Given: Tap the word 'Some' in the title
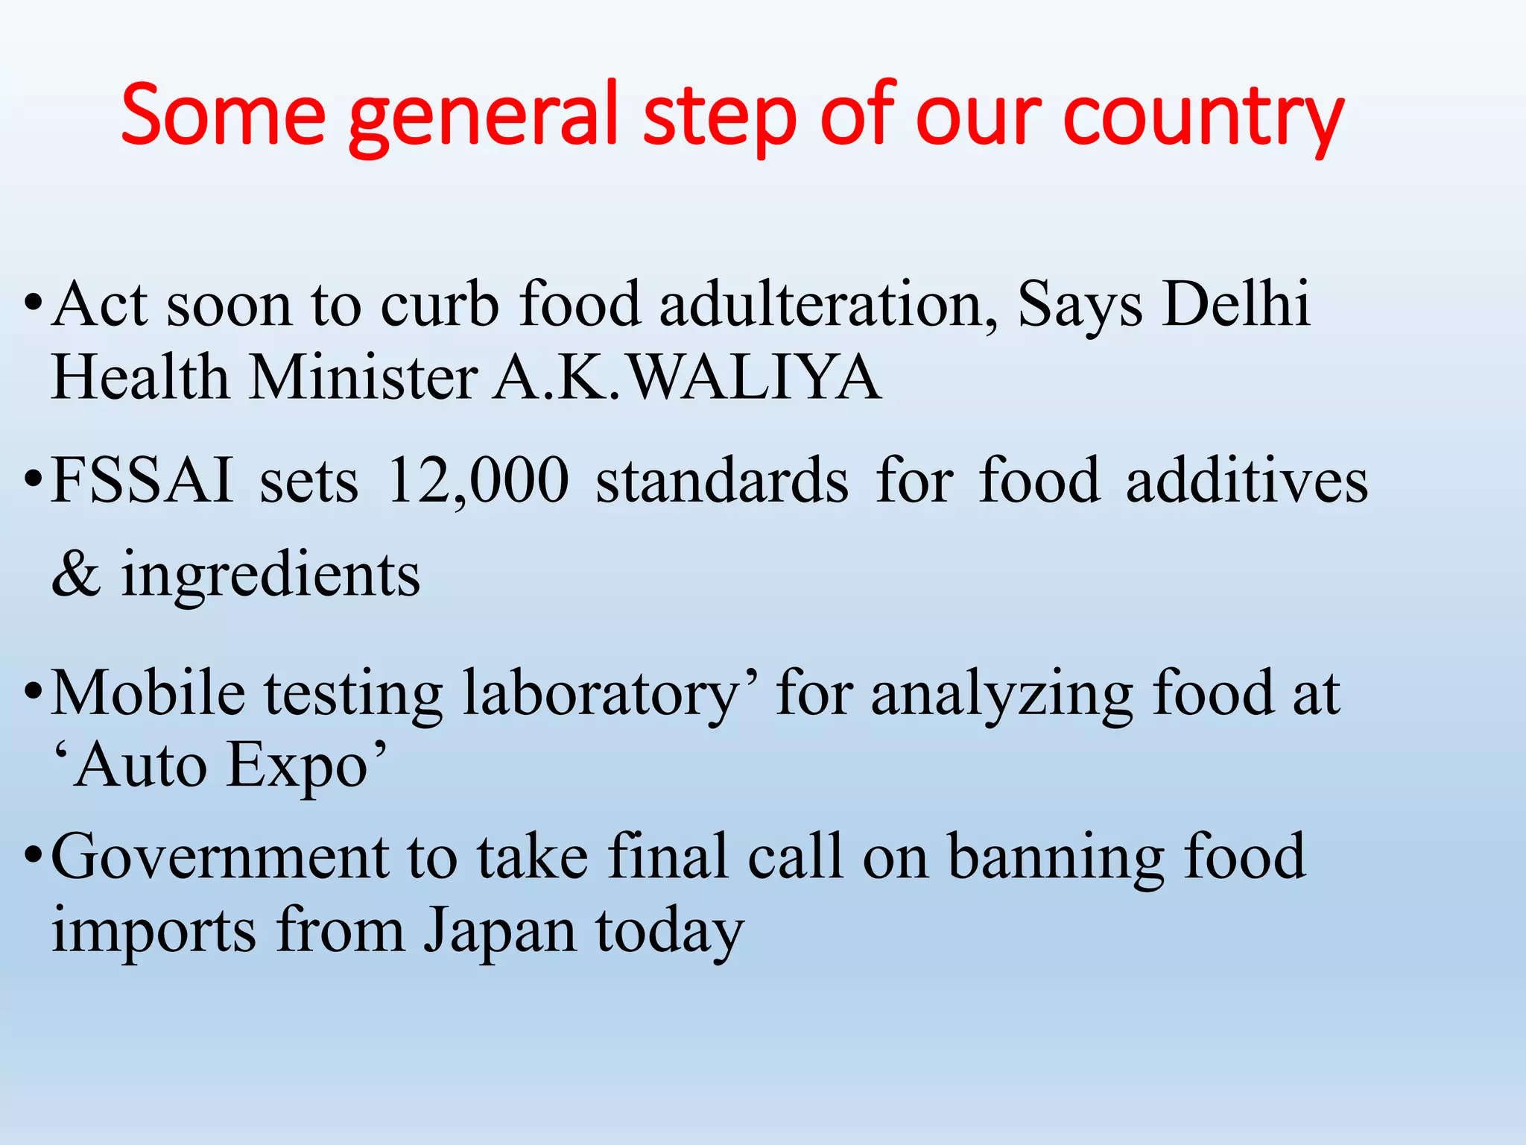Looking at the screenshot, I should [223, 116].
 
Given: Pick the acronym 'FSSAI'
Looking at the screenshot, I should [142, 481].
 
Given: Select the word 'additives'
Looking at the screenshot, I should [1247, 481].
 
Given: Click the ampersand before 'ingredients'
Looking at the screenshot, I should [76, 574].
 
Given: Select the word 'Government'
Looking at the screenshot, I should [220, 858].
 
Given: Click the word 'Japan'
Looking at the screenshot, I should [500, 932].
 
